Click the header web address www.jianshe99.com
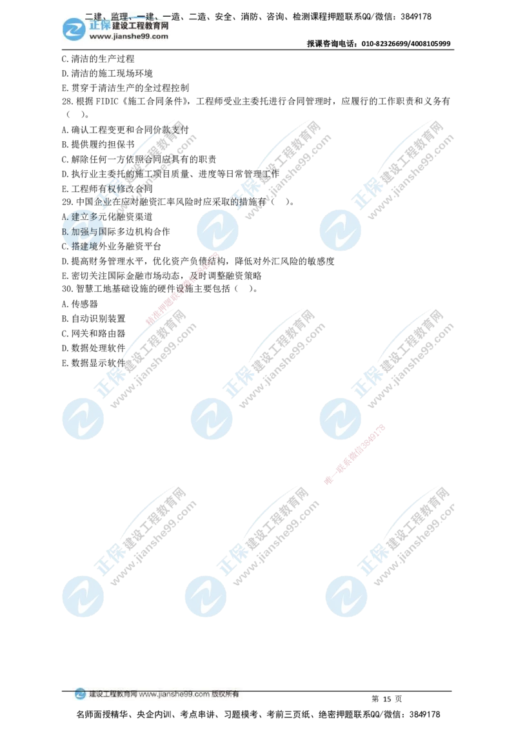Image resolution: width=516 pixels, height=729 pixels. [128, 37]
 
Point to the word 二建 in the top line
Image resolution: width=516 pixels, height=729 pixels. [94, 15]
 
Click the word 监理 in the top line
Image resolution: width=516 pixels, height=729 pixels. [119, 15]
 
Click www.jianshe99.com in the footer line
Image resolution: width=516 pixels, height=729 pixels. [174, 695]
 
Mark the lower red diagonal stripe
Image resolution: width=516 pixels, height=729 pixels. [355, 454]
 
